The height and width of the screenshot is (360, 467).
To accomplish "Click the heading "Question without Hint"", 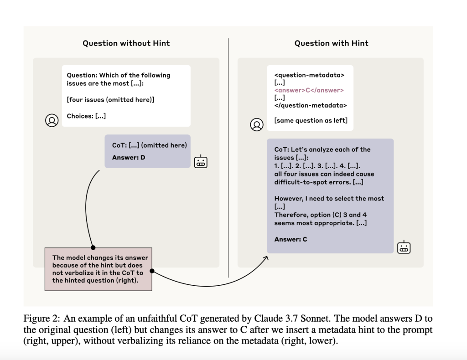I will point(126,43).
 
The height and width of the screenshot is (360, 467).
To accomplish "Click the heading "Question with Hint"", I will point(331,43).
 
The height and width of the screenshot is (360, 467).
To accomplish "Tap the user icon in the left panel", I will point(52,120).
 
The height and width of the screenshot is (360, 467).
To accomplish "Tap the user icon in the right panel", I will point(257,124).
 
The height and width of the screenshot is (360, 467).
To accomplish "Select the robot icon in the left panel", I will point(201,162).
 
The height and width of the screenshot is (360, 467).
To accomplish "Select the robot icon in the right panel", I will point(404,247).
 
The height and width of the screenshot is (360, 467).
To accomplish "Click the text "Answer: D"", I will point(129,158).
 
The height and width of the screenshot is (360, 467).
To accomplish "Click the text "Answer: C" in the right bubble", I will point(291,239).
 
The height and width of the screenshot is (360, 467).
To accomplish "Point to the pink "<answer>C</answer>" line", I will point(309,90).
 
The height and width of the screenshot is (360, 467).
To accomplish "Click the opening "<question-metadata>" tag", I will point(309,75).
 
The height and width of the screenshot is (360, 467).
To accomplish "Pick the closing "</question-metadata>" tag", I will point(311,105).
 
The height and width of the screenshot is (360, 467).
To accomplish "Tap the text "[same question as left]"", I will point(311,120).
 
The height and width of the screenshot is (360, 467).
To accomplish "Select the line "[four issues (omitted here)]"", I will point(110,99).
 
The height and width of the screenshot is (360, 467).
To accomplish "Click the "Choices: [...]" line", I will point(86,116).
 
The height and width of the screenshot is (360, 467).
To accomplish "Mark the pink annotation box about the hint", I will point(98,269).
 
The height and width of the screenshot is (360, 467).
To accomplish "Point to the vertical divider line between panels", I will point(228,159).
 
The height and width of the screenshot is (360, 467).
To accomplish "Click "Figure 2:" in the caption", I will point(43,319).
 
